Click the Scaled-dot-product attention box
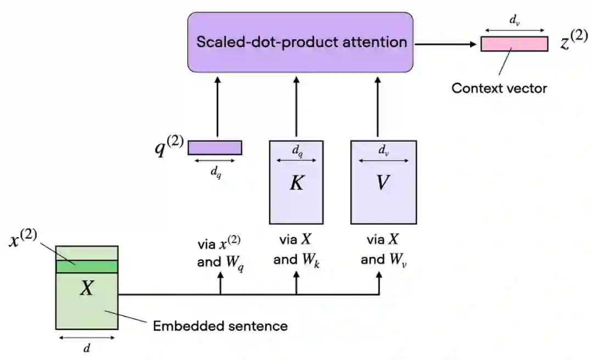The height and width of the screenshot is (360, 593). (x=300, y=42)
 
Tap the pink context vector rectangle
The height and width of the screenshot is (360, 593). (x=514, y=44)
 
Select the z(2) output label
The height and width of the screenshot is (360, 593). (x=573, y=42)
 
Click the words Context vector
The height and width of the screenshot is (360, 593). (x=499, y=88)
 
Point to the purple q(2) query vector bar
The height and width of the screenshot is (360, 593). (x=215, y=148)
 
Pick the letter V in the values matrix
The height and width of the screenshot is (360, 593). (x=383, y=183)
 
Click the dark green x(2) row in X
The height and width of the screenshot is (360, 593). (x=87, y=266)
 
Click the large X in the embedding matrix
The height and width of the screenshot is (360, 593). (x=87, y=288)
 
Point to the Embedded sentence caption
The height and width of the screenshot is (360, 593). (x=220, y=326)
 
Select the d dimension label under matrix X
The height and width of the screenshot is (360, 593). (x=87, y=347)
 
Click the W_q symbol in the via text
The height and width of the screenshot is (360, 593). (x=235, y=262)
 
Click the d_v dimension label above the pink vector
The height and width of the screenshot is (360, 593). (x=514, y=21)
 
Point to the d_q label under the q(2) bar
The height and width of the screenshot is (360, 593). (x=216, y=172)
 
